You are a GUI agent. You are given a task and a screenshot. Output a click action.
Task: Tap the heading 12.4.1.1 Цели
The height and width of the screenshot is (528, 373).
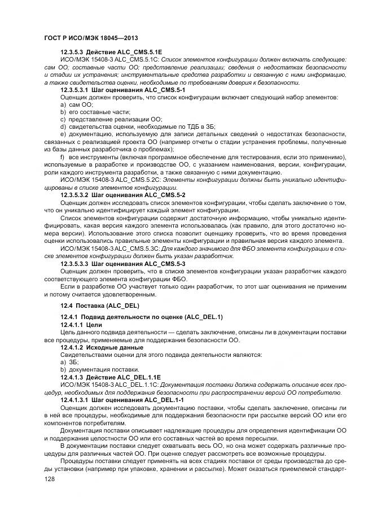(81, 325)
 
